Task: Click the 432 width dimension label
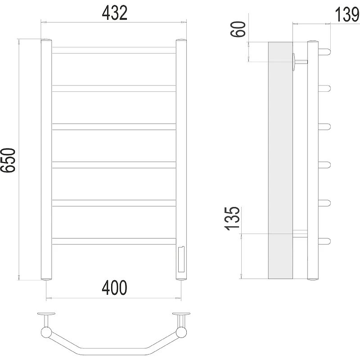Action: (114, 13)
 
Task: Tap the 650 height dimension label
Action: (8, 160)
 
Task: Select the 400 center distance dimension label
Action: (114, 288)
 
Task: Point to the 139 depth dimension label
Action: (347, 14)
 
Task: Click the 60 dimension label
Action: (238, 29)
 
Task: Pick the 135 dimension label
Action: (232, 218)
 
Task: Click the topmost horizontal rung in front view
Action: (114, 50)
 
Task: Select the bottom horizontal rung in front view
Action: (114, 241)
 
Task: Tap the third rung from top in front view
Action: (114, 127)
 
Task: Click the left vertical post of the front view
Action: (46, 160)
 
